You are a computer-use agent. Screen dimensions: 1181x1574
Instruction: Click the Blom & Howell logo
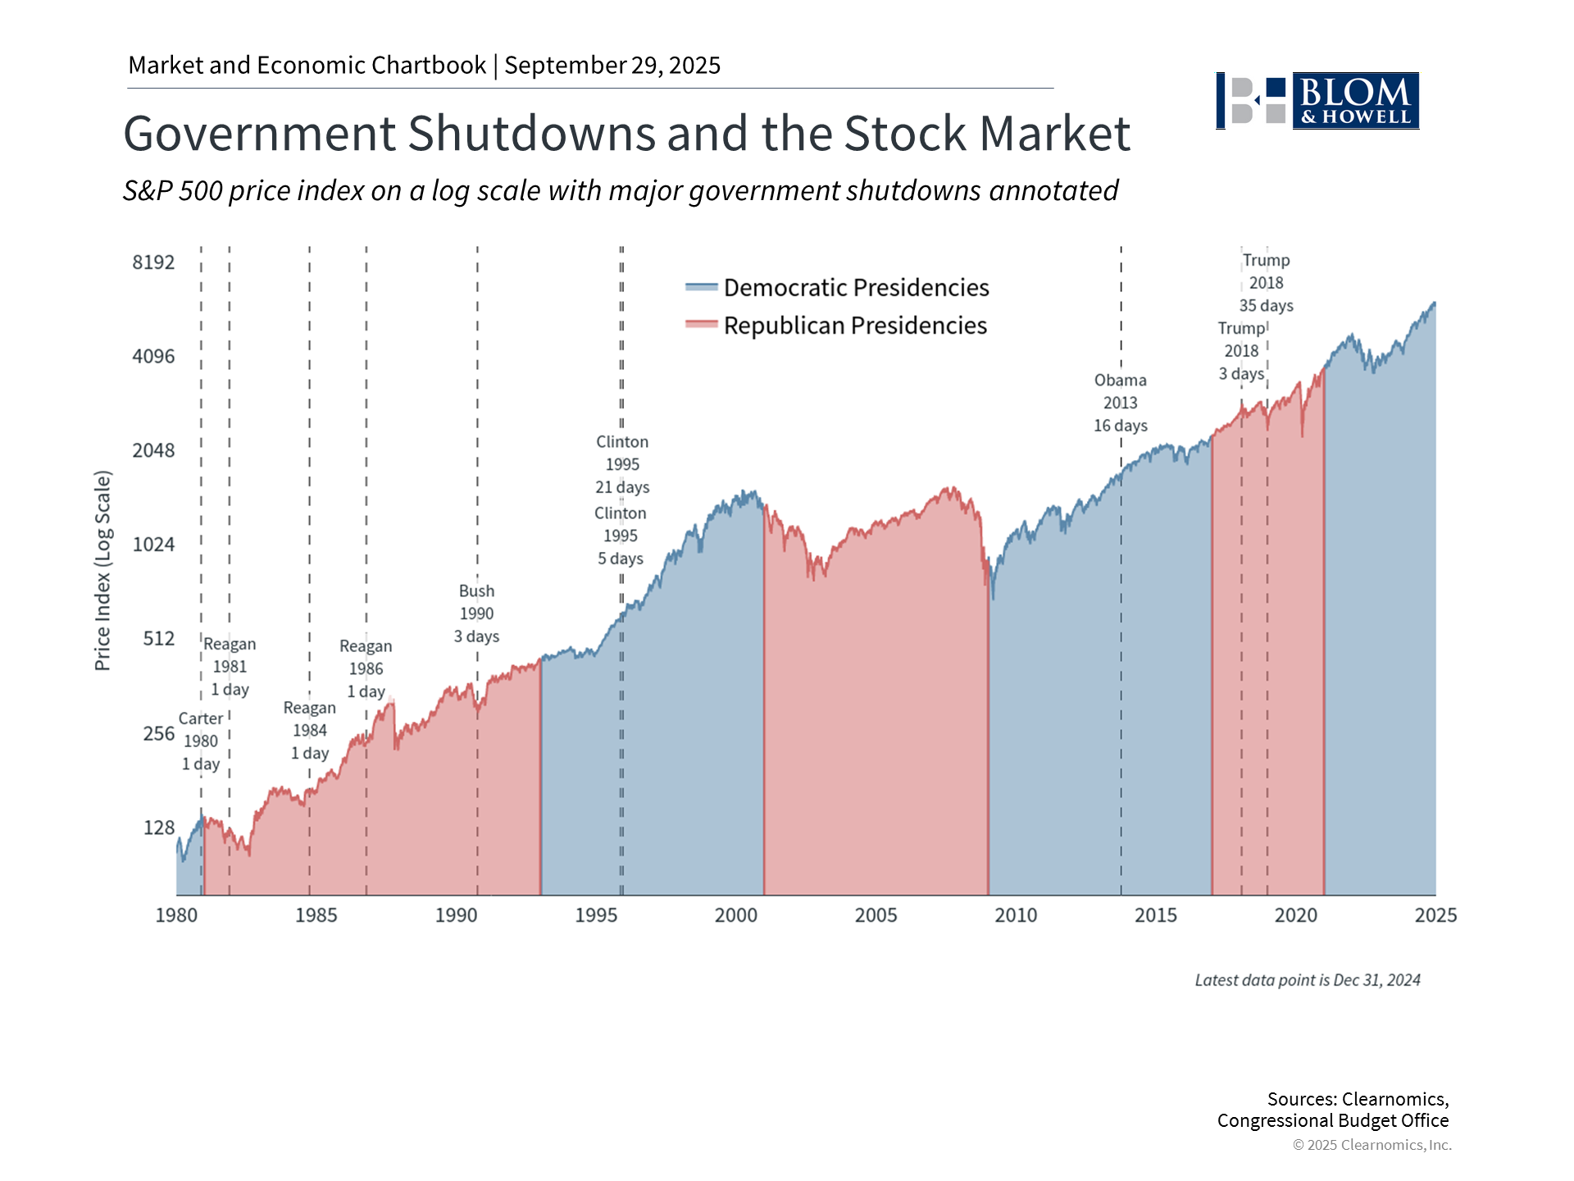point(1317,101)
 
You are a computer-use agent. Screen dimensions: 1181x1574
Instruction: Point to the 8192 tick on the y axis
point(153,262)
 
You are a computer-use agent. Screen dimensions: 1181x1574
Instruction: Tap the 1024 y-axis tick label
point(153,545)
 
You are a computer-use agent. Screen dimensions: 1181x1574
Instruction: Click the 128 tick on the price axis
point(159,828)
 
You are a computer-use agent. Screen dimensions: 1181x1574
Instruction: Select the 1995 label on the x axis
point(596,915)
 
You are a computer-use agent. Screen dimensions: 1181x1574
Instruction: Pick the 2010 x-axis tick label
point(1016,915)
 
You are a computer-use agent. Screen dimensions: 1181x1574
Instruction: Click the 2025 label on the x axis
point(1435,915)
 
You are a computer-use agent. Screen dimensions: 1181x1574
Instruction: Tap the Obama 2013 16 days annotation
point(1120,403)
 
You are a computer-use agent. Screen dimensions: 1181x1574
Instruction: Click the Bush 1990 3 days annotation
point(476,613)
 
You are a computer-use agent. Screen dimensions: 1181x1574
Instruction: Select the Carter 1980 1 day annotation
point(201,741)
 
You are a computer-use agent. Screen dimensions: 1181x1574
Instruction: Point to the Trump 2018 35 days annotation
point(1266,283)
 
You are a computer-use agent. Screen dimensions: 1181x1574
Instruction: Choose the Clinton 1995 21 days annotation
point(622,464)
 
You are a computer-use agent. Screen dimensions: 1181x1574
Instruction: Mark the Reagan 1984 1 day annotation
point(310,731)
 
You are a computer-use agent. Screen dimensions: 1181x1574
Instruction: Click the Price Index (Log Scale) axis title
point(102,571)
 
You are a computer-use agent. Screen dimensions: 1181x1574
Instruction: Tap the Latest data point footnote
point(1307,980)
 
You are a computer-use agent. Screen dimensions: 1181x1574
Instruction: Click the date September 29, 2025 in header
point(612,66)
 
